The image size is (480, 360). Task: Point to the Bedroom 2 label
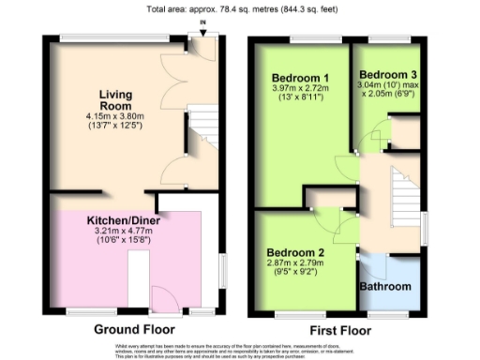point(295,252)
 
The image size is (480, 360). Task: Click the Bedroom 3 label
point(386,74)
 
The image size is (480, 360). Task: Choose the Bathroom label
point(387,287)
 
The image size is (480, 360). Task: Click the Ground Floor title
point(135,330)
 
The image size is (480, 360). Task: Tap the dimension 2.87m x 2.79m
point(295,265)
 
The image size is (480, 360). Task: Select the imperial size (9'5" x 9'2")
point(295,276)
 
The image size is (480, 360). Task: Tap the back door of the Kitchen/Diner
point(165,302)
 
